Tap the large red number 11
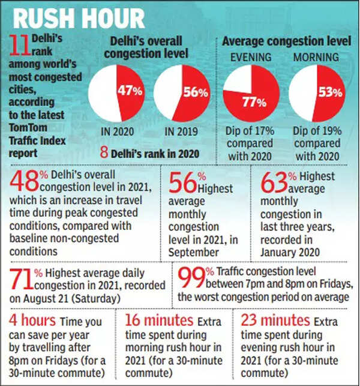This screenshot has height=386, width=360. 20,47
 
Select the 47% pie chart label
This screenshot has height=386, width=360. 130,91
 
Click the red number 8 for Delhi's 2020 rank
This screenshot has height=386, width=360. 104,153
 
